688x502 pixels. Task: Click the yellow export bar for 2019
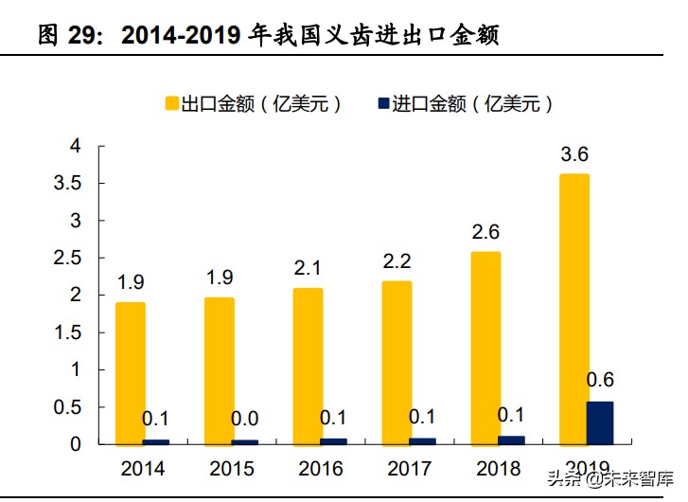click(x=574, y=309)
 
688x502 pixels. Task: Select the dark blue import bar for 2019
click(x=599, y=422)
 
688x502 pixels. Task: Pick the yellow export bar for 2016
click(x=308, y=366)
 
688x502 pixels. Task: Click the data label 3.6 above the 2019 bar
click(x=574, y=154)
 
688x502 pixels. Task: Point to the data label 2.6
click(x=485, y=231)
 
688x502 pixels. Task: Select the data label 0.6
click(x=601, y=380)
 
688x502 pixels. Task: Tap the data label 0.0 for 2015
click(x=245, y=419)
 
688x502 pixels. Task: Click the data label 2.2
click(x=397, y=261)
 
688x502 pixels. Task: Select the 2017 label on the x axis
click(x=409, y=469)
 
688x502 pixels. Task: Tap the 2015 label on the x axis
click(x=231, y=469)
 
